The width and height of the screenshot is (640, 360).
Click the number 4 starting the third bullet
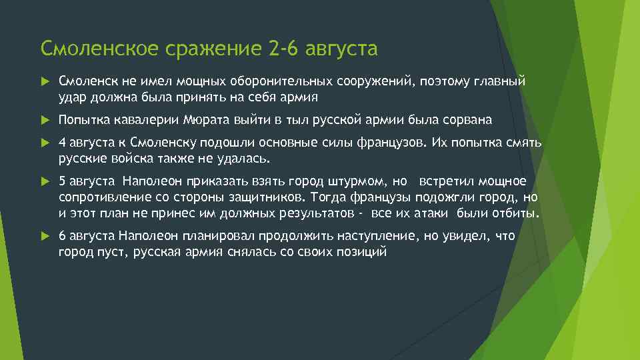[x=62, y=143]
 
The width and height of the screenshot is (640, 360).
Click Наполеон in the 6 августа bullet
[x=145, y=236]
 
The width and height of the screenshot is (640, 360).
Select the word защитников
[x=267, y=197]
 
